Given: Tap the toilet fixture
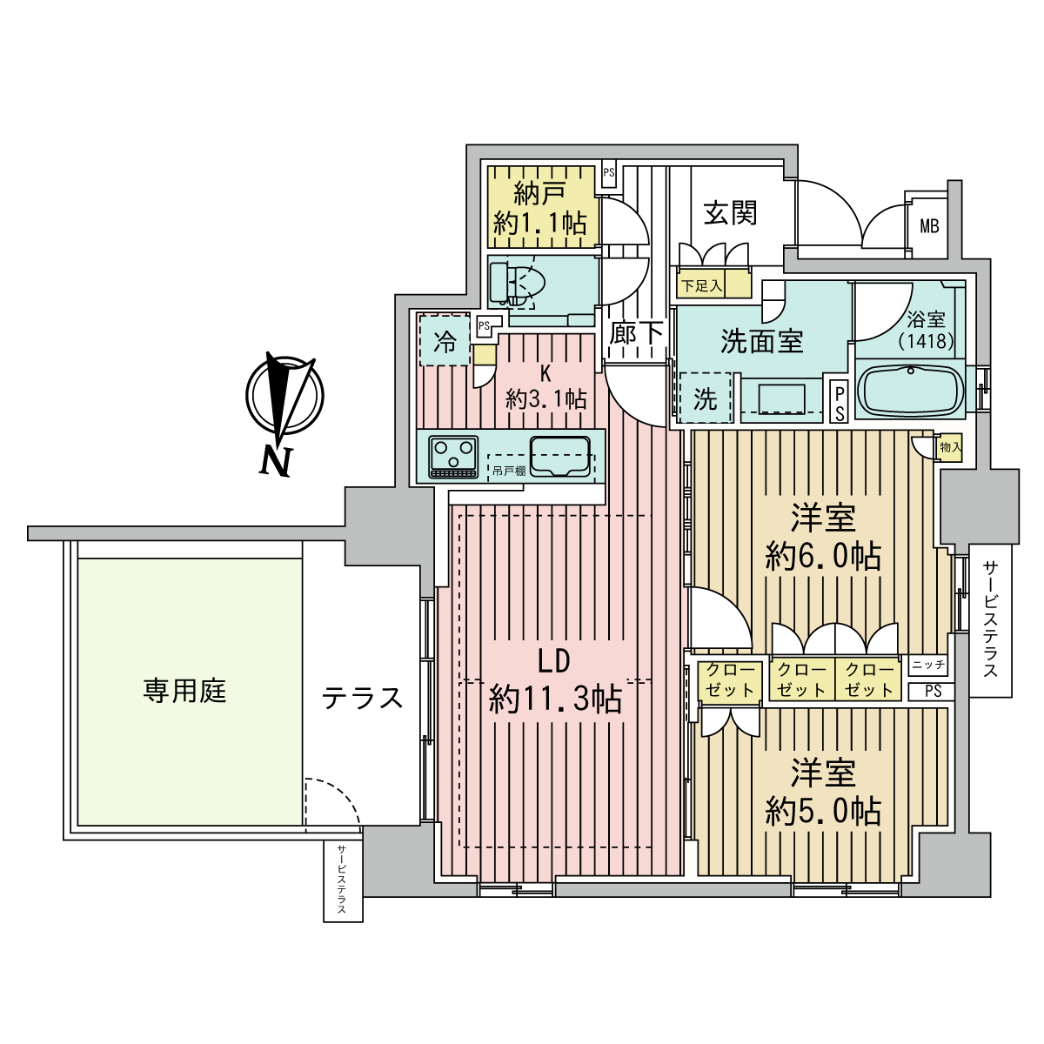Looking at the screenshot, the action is pyautogui.click(x=517, y=284).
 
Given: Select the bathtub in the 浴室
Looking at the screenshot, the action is pyautogui.click(x=910, y=390).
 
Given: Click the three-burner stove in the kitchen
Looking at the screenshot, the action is pyautogui.click(x=453, y=457).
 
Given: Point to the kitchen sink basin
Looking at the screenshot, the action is pyautogui.click(x=559, y=456).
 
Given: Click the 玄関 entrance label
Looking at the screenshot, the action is pyautogui.click(x=730, y=213).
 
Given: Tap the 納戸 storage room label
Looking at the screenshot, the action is pyautogui.click(x=539, y=193).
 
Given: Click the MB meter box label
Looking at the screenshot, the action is pyautogui.click(x=929, y=226).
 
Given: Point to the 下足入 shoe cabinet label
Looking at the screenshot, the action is pyautogui.click(x=701, y=285).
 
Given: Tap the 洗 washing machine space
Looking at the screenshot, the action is pyautogui.click(x=705, y=398).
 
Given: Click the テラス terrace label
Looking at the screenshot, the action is pyautogui.click(x=362, y=697).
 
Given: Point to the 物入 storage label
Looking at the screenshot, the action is pyautogui.click(x=950, y=447).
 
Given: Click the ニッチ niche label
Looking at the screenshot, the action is pyautogui.click(x=928, y=664).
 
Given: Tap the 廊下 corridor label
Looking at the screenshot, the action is pyautogui.click(x=635, y=332).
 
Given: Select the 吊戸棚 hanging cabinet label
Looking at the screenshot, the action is pyautogui.click(x=509, y=471).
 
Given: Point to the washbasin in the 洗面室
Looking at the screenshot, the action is pyautogui.click(x=781, y=400).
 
